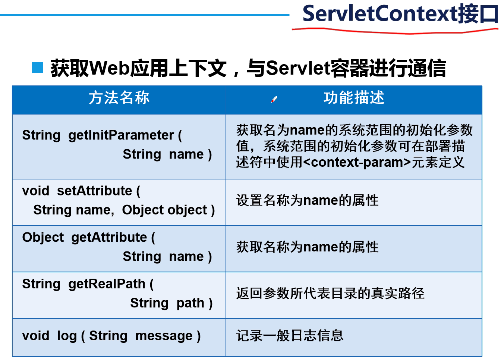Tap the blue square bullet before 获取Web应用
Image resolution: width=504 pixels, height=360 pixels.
pos(37,68)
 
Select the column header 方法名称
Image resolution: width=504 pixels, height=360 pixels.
pos(119,98)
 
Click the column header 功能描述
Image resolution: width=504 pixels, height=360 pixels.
pos(354,98)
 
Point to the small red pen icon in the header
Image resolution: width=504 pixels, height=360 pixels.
pos(274,99)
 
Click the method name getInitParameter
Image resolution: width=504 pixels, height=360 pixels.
pos(121,135)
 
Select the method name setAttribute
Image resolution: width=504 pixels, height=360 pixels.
pos(94,191)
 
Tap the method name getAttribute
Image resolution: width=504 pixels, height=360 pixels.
pos(109,238)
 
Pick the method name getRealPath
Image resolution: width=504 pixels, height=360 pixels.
pos(107,284)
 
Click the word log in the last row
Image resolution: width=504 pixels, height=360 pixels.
pos(67,336)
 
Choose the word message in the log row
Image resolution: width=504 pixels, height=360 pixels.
pos(164,336)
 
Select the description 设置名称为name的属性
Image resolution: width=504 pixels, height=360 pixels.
pos(307,201)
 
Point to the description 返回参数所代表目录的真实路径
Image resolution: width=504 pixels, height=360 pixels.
pos(330,294)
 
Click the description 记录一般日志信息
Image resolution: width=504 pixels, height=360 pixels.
pos(290,336)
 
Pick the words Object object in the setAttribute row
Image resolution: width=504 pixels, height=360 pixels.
pos(164,210)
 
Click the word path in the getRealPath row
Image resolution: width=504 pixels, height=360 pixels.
pos(190,303)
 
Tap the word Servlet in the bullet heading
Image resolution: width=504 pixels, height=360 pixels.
pos(290,69)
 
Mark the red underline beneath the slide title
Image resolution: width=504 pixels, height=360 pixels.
pos(395,32)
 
